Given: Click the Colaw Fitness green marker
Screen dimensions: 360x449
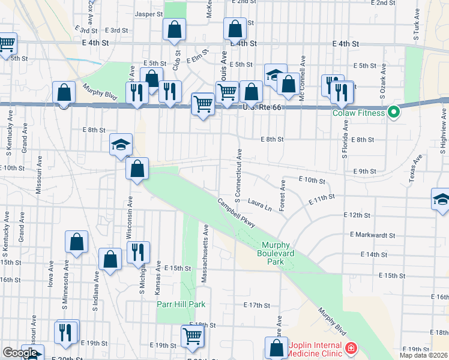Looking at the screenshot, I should click(394, 112).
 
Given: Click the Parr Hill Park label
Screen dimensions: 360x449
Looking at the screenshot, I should click(177, 304).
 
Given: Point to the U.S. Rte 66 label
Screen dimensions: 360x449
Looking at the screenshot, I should click(262, 107).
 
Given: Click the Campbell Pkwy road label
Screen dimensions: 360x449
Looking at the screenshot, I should click(237, 212).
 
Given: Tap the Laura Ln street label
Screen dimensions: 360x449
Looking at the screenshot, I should click(259, 206).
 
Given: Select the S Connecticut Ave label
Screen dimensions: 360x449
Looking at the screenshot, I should click(238, 173).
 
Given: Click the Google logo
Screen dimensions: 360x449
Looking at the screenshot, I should click(20, 353).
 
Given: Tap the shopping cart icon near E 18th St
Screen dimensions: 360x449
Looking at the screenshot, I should click(192, 336).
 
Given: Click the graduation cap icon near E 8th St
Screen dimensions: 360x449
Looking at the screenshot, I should click(121, 145).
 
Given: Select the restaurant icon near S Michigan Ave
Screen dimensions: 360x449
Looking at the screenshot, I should click(137, 252).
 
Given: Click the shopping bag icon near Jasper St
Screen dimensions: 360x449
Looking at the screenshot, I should click(174, 29).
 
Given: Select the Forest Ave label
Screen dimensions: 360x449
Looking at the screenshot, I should click(282, 194).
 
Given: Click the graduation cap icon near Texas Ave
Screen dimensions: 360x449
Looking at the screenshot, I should click(441, 199).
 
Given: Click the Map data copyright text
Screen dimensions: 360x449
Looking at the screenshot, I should click(423, 355).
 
